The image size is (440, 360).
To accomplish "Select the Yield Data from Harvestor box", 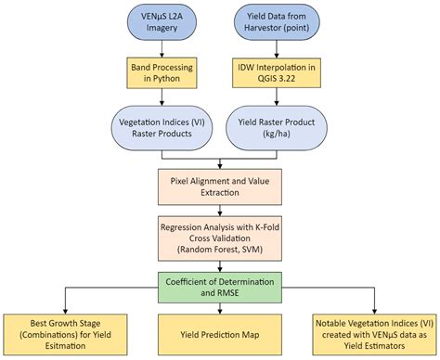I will coord(277,21).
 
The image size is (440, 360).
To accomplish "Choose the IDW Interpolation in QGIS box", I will coord(277,72).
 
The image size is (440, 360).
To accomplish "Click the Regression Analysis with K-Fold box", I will coord(219,235).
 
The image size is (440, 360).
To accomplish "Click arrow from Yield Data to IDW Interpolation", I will coord(277,47).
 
